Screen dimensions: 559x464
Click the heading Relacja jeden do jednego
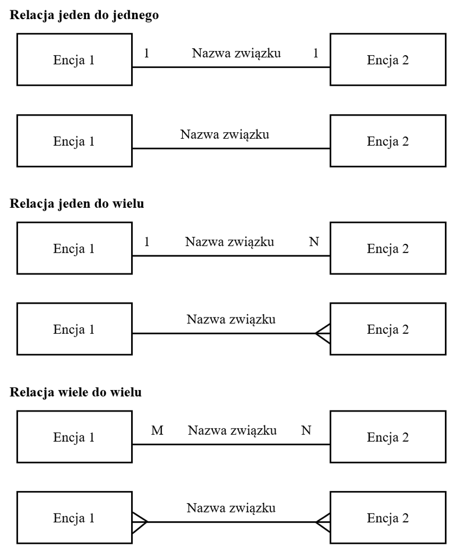[85, 16]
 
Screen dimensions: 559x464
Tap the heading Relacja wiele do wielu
[75, 392]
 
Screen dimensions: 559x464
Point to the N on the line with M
[306, 431]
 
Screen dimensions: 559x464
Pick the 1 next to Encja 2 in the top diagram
[316, 54]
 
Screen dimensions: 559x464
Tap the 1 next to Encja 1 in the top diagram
[147, 54]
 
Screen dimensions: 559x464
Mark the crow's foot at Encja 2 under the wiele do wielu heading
[323, 521]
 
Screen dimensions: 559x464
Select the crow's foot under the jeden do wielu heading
[323, 333]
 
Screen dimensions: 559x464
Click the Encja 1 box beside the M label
[74, 437]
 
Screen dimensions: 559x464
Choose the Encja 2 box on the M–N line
[388, 437]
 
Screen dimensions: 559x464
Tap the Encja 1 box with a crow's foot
[74, 518]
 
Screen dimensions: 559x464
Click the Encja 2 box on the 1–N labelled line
[388, 248]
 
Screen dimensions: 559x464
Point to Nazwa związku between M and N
[232, 431]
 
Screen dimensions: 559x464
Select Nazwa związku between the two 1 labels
[236, 54]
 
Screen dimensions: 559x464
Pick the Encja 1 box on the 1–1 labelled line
[74, 60]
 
